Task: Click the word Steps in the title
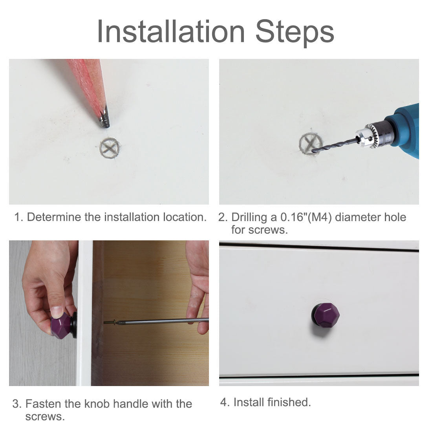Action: point(295,33)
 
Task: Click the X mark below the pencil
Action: point(110,148)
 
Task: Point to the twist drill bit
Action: point(335,145)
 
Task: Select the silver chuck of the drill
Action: point(372,135)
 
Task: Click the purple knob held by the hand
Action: point(61,325)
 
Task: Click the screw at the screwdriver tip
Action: point(110,322)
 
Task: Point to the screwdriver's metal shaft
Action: point(163,321)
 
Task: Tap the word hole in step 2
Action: point(395,217)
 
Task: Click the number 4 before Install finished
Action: point(224,402)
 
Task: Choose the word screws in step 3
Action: point(45,417)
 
